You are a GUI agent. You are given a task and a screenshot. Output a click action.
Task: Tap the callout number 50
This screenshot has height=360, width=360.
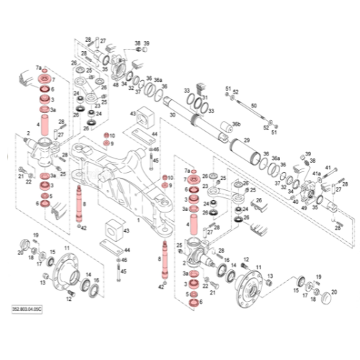253,106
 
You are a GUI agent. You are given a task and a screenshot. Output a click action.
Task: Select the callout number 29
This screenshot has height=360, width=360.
246,140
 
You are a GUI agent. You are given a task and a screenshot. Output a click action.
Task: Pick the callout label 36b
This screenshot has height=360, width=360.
235,125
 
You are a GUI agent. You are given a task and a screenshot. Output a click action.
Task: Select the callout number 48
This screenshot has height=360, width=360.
115,84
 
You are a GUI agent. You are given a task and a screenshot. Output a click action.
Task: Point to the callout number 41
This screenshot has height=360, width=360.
327,168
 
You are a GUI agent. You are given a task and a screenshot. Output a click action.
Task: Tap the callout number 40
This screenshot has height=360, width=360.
294,201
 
